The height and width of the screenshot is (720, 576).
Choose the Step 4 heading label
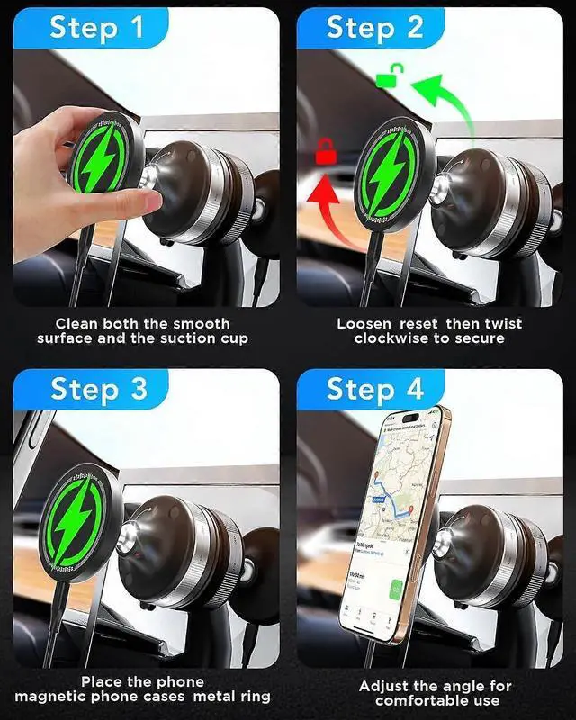point(374,389)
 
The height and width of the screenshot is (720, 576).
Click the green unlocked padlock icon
point(387,78)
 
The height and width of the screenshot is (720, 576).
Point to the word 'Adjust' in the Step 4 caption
point(386,686)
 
